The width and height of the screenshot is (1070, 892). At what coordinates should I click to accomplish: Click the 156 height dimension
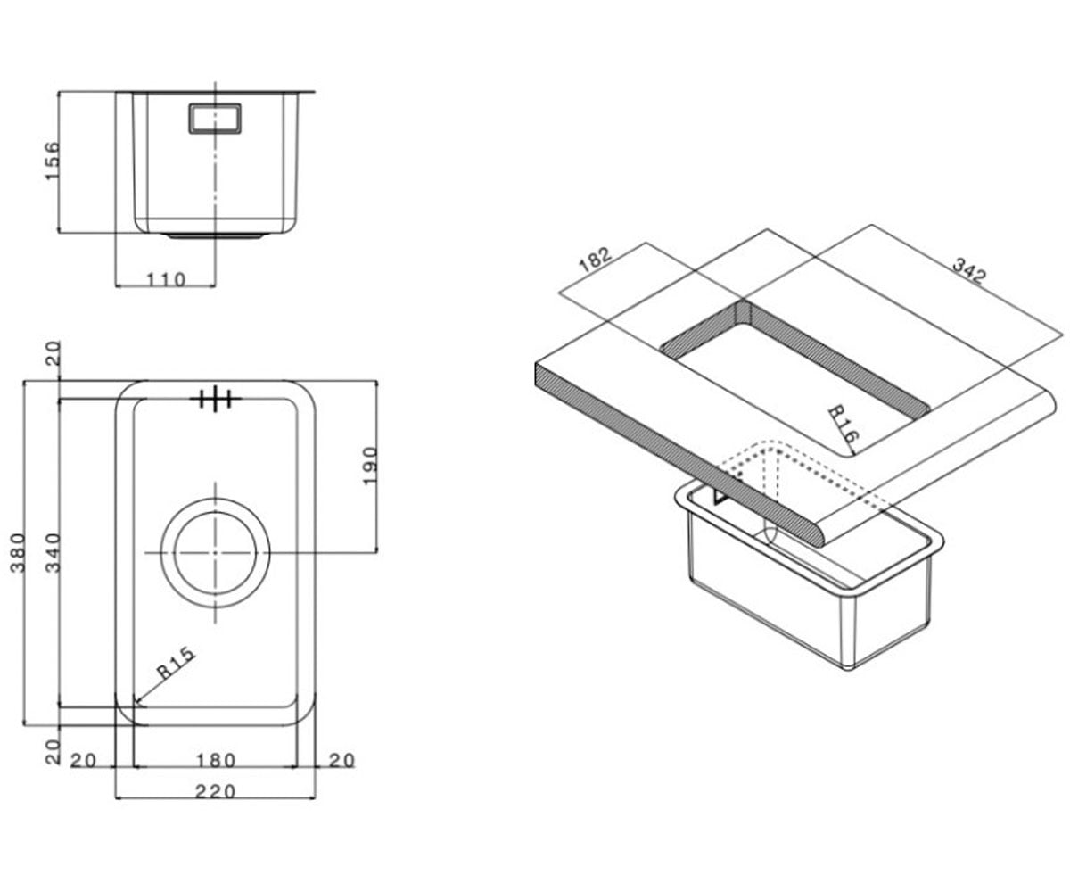(53, 161)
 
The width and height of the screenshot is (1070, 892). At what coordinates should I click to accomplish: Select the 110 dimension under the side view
(166, 279)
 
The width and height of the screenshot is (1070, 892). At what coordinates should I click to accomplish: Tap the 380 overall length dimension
(18, 554)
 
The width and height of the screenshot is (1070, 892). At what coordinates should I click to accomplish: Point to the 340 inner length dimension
(53, 553)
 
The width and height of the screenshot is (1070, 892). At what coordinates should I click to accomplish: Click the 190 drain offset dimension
(369, 466)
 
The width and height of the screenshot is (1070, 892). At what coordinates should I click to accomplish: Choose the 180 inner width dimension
(216, 760)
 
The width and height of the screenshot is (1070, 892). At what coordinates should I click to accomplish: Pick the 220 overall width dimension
(215, 791)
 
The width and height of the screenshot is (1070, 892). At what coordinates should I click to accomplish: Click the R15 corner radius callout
(176, 664)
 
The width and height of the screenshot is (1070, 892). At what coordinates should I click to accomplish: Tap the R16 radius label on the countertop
(843, 424)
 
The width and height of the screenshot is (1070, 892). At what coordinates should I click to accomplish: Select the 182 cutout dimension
(595, 260)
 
